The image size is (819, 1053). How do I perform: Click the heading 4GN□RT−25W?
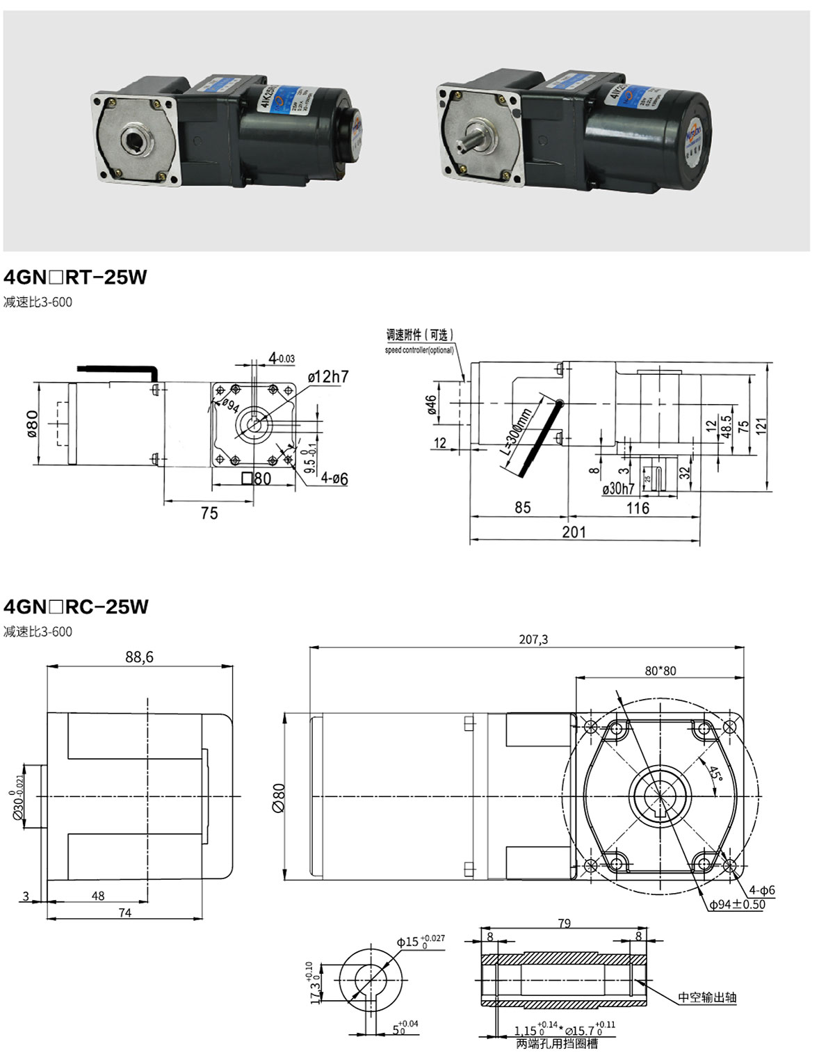click(75, 277)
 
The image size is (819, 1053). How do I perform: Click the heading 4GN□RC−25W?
click(76, 606)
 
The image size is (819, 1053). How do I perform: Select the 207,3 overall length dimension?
click(533, 639)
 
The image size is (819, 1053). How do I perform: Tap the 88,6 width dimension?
click(139, 657)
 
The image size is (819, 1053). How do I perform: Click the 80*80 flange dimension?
click(660, 670)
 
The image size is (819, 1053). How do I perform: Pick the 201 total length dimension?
click(574, 532)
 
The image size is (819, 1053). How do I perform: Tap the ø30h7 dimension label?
click(618, 489)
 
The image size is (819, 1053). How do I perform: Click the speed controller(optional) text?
click(419, 350)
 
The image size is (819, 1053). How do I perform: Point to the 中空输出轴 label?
click(707, 997)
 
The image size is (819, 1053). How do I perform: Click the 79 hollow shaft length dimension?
click(564, 923)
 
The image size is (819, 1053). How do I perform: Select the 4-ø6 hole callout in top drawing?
click(334, 479)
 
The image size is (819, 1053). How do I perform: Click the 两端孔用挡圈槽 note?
click(556, 1043)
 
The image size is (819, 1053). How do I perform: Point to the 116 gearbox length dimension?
click(638, 508)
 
